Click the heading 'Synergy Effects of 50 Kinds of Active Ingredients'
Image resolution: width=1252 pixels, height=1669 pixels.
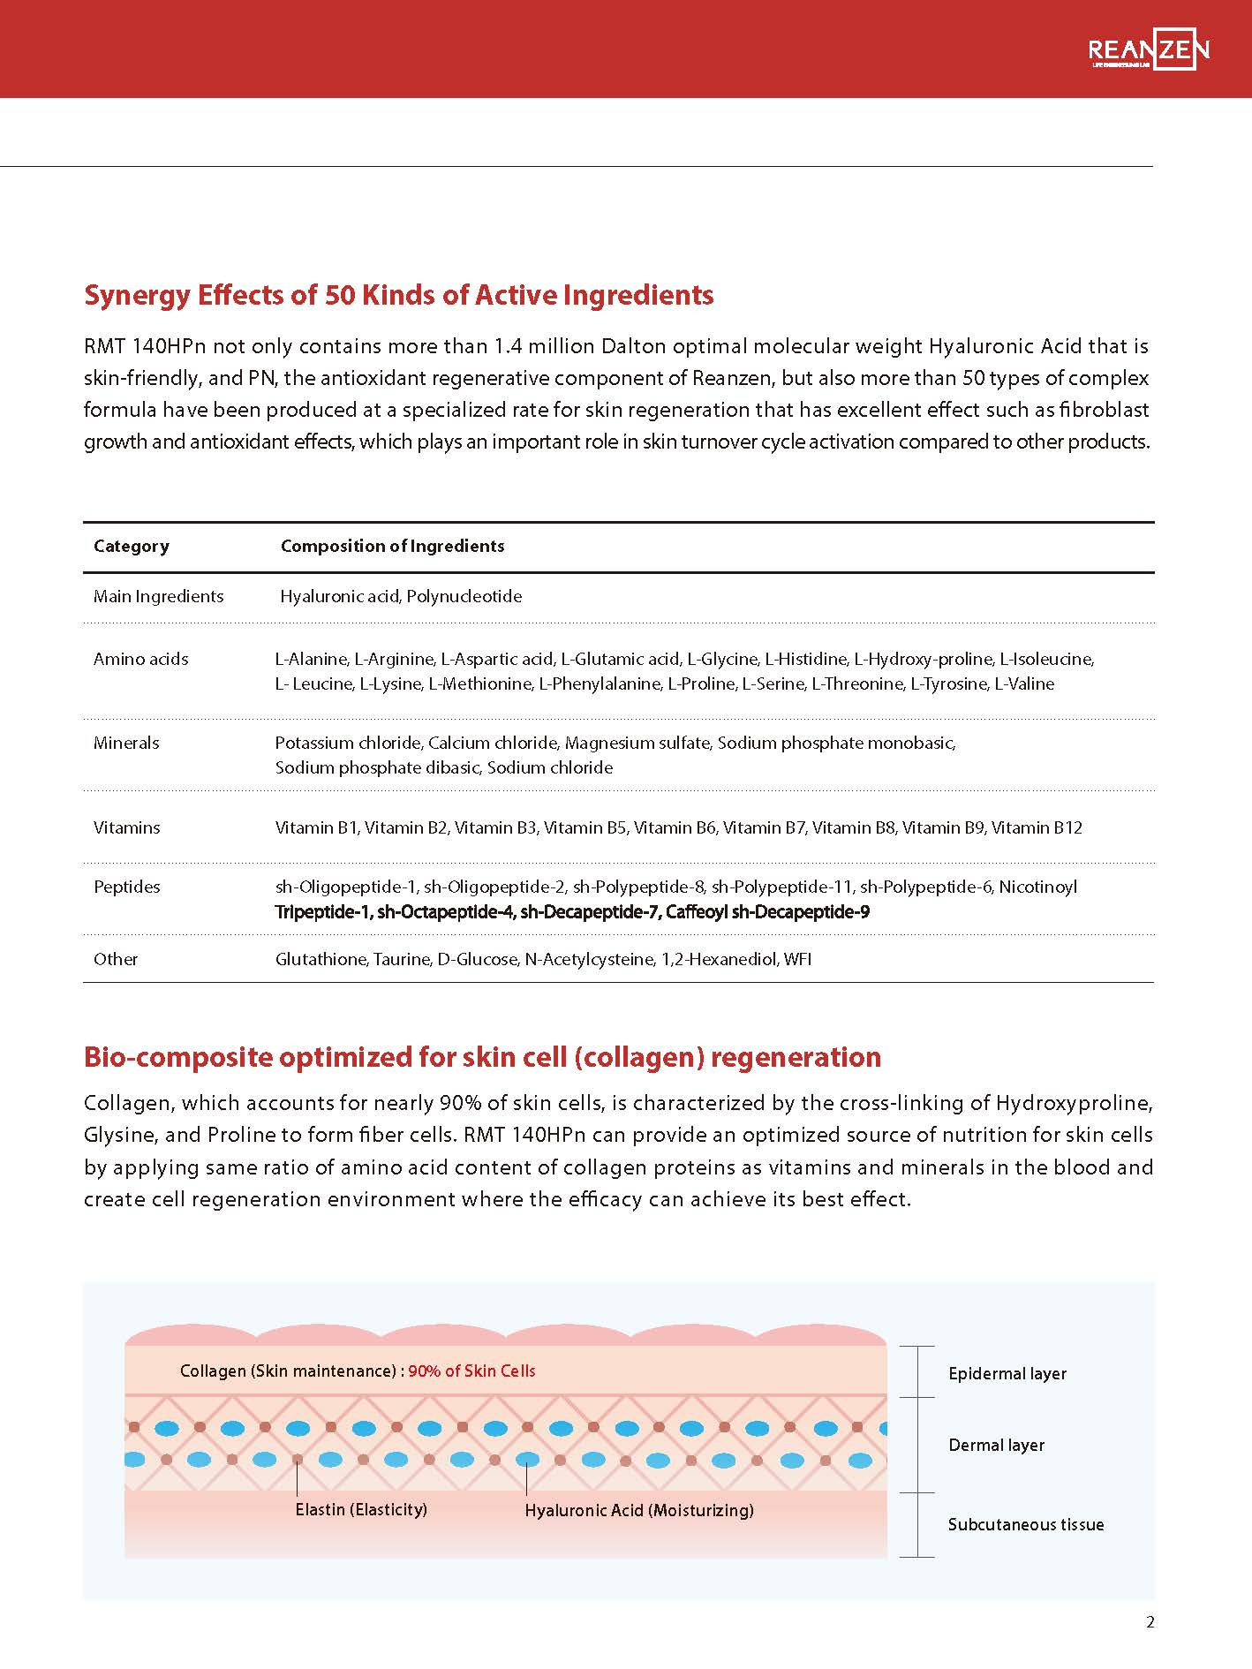tap(398, 295)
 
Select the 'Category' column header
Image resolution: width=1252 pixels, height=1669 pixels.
tap(131, 547)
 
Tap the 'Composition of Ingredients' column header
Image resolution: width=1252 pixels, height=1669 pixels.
tap(392, 547)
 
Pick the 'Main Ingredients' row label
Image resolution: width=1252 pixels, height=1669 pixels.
tap(158, 597)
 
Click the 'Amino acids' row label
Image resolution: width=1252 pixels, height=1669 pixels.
tap(140, 659)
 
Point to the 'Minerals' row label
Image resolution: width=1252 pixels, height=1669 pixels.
tap(126, 744)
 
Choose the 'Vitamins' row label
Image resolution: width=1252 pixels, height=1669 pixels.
tap(126, 828)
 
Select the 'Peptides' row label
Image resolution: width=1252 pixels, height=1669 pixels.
tap(126, 887)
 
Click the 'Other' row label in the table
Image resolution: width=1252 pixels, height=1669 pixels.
tap(116, 960)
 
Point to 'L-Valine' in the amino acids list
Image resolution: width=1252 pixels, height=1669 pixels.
tap(1024, 684)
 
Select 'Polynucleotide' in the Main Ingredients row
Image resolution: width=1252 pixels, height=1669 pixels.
tap(464, 597)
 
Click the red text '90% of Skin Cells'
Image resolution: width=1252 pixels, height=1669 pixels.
tap(471, 1371)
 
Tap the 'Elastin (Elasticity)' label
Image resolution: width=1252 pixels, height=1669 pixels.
tap(361, 1510)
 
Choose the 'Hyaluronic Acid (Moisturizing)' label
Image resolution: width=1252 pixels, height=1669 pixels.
tap(639, 1511)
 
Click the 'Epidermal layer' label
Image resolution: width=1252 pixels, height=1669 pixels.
tap(1007, 1374)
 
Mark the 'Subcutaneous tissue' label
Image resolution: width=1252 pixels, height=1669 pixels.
tap(1025, 1525)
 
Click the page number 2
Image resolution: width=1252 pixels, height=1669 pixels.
tap(1150, 1622)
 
